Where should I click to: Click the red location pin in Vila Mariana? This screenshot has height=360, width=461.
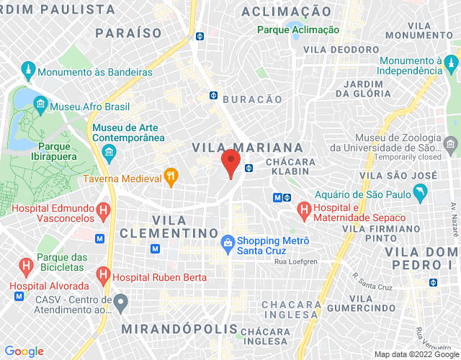pyautogui.click(x=230, y=163)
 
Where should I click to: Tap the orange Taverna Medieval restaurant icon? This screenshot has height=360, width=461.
pyautogui.click(x=171, y=174)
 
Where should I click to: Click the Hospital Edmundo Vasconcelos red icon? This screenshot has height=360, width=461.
pyautogui.click(x=103, y=210)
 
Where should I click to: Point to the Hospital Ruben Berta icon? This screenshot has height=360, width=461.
pyautogui.click(x=103, y=274)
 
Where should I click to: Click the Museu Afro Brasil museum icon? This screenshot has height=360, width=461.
pyautogui.click(x=39, y=105)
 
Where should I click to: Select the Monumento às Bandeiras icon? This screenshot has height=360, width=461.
pyautogui.click(x=28, y=71)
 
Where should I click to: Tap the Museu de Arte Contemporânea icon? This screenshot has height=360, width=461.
pyautogui.click(x=109, y=153)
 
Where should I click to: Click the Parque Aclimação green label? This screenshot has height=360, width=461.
pyautogui.click(x=299, y=30)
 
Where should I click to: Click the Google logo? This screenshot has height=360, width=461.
pyautogui.click(x=24, y=351)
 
